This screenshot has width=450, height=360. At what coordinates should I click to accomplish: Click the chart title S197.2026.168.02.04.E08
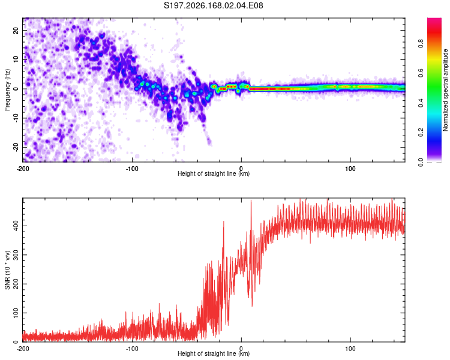213,5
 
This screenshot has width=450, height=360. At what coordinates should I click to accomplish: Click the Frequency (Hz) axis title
7,90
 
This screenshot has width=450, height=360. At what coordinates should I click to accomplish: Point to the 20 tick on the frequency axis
16,31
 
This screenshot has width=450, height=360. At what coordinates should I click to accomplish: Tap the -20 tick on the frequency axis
16,148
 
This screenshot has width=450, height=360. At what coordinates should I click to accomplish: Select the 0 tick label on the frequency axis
16,89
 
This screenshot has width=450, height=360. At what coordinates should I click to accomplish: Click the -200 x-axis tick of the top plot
23,169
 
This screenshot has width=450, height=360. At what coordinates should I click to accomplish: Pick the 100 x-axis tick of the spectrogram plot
350,169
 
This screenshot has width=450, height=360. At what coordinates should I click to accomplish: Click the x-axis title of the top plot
214,173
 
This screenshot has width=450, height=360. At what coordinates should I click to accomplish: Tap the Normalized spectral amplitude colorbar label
445,90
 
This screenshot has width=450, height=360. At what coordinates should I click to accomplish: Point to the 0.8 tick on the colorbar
421,44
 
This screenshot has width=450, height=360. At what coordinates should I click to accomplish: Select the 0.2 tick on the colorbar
421,133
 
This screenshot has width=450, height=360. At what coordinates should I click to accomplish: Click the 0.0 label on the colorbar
421,162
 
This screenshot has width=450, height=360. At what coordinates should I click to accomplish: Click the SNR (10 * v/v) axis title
7,270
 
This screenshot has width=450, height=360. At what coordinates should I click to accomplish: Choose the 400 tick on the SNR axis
16,226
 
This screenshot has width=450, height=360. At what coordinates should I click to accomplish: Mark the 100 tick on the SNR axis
16,313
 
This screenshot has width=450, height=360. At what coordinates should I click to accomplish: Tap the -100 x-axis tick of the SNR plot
132,349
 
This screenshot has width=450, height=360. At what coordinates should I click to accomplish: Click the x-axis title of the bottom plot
214,353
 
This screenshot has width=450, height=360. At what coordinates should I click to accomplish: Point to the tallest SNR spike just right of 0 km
251,200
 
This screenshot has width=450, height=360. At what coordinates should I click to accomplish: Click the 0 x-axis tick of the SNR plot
241,349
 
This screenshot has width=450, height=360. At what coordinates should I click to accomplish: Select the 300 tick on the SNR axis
16,255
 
